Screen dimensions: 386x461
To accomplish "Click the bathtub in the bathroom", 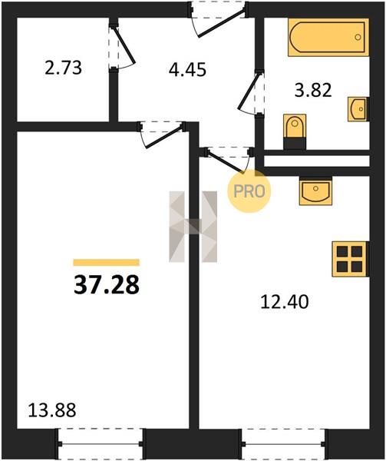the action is (x=328, y=37).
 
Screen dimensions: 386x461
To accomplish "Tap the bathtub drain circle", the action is (x=358, y=37).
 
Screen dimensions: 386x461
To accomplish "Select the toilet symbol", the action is (x=295, y=131).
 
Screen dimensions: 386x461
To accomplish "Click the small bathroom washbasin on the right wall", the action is (x=358, y=109).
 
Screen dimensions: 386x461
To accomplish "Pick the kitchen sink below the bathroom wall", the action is (x=315, y=191).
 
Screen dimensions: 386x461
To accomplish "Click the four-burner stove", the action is (x=350, y=259).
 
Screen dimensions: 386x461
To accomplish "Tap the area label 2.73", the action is (x=63, y=68).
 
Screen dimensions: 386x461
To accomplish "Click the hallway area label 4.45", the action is (x=187, y=70).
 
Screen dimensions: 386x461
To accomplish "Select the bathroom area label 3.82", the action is (x=313, y=90).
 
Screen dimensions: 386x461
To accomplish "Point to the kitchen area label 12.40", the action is (x=285, y=302).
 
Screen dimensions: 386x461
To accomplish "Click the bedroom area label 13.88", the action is (x=52, y=410).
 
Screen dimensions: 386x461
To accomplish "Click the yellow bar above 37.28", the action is (x=106, y=262).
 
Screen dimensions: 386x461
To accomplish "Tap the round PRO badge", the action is (x=249, y=191).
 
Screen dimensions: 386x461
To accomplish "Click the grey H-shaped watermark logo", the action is (x=193, y=227).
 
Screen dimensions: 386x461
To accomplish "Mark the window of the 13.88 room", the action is (x=101, y=444).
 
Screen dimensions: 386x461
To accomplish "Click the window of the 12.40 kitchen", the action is (x=283, y=444).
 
